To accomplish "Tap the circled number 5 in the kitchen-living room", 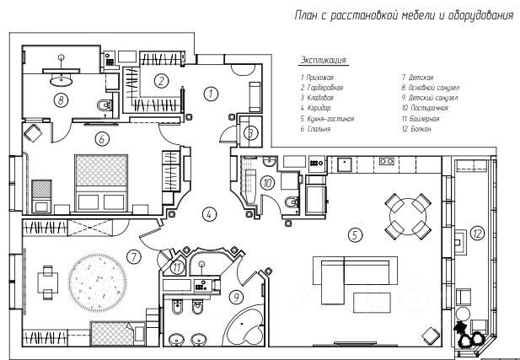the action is (x=356, y=234).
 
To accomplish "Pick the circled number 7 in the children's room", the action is (x=132, y=255).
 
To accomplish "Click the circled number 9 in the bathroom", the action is (x=237, y=297).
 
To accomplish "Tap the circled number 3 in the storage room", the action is (x=250, y=132).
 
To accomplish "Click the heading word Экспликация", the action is (x=323, y=61).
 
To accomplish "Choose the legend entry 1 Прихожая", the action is (x=317, y=77).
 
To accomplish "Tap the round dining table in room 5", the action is (x=406, y=215).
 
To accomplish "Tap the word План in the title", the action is (x=307, y=14).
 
